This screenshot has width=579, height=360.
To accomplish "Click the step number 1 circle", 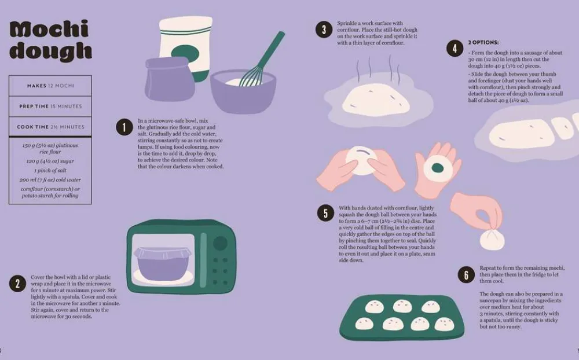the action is coord(124,127).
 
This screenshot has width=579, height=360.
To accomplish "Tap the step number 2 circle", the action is coord(18,284).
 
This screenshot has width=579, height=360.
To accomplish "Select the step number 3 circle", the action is coord(324,30).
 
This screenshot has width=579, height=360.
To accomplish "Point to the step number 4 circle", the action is coord(455,49).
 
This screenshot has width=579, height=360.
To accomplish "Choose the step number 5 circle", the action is coord(325,214).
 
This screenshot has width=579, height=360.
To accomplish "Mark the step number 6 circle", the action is coord(466,275).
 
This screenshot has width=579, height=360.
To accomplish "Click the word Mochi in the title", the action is coord(49,29).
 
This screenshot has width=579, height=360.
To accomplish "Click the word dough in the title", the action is coord(50,50).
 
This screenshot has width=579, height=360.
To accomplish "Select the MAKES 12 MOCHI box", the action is coord(50,86).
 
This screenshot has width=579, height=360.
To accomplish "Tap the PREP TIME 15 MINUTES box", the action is coord(50,106).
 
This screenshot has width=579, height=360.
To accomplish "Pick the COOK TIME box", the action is coord(50,127).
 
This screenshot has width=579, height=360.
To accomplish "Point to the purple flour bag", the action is coord(169,79).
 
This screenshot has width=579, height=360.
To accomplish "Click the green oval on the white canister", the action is coord(185,54).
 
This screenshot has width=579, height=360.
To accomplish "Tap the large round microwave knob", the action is coord(220,243).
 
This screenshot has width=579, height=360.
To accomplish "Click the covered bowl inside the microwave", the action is coord(163,263).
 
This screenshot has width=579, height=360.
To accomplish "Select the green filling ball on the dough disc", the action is coord(438,168).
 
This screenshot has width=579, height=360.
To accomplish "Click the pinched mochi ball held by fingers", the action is coord(492,239).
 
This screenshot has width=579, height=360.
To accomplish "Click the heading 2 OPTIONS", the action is coord(483,42).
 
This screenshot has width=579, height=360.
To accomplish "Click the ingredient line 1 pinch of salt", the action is coord(50,171).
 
